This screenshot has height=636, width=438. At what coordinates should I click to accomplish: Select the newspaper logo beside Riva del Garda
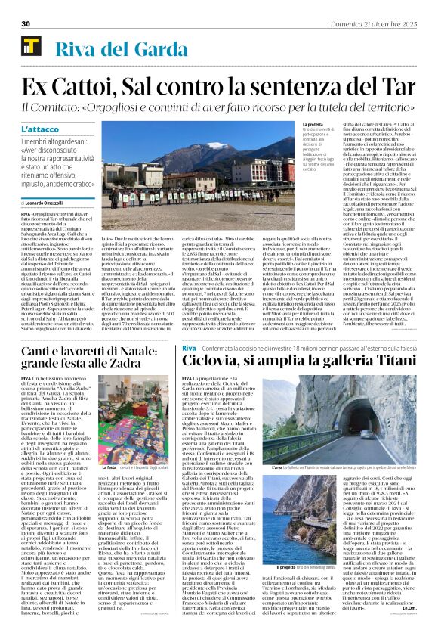[x=31, y=51]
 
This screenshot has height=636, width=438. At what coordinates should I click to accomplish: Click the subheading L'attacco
[x=39, y=130]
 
